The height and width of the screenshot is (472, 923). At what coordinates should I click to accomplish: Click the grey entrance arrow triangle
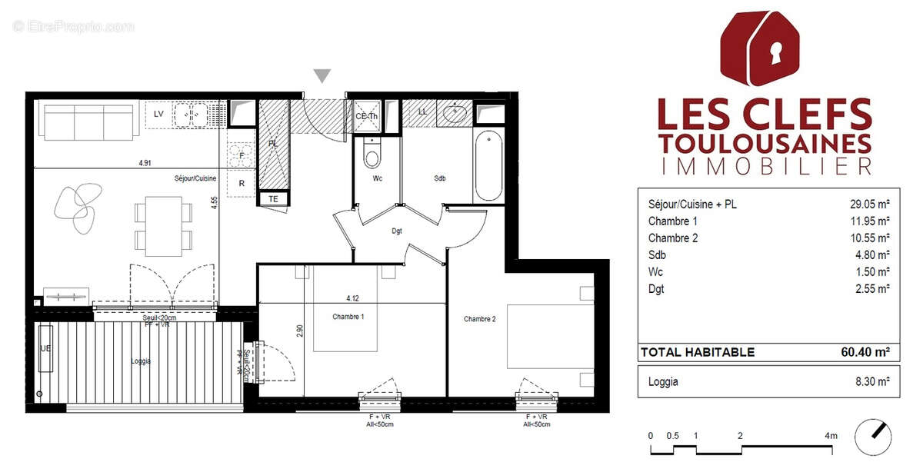[x=323, y=75]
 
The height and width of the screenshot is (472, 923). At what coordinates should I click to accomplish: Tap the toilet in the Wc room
[x=372, y=156]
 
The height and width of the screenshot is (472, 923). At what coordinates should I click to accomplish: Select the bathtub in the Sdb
[x=489, y=165]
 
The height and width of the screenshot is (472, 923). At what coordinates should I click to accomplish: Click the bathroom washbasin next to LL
[x=455, y=114]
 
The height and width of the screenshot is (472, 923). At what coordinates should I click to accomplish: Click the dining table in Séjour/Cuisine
[x=162, y=227]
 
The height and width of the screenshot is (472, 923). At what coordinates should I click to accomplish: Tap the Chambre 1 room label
[x=348, y=317]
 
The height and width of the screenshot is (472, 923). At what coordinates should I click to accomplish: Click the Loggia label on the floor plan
[x=141, y=361]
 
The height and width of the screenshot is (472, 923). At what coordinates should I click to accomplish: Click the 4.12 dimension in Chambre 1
[x=353, y=298]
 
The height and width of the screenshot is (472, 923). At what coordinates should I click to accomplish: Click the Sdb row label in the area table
[x=656, y=255]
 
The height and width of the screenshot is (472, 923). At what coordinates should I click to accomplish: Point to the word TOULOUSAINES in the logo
[x=765, y=144]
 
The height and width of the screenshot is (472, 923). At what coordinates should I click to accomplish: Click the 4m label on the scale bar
[x=831, y=436]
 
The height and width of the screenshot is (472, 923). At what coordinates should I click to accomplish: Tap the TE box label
[x=272, y=199]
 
